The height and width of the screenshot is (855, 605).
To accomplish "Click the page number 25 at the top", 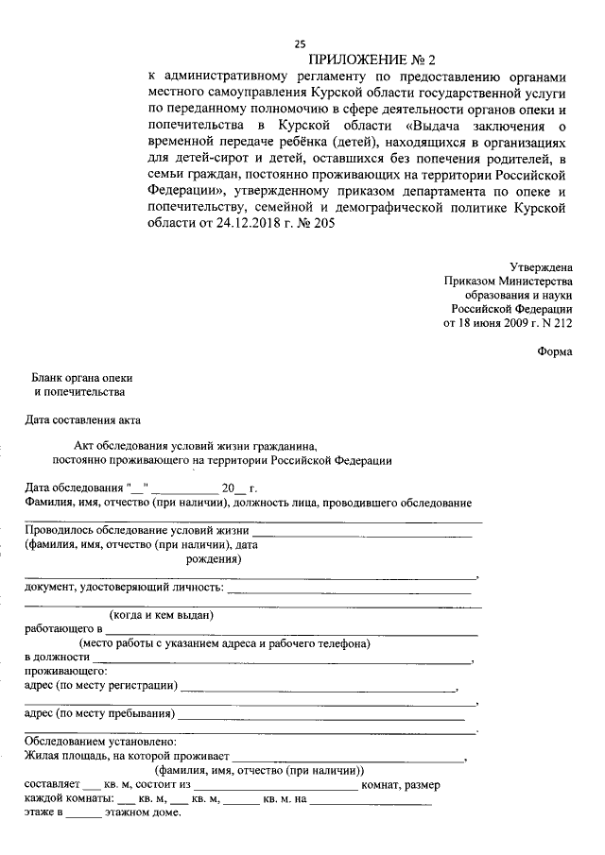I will pos(300,43).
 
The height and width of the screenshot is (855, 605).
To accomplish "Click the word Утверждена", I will pos(540,267).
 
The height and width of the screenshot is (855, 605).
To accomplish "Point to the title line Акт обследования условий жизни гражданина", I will pos(197,446).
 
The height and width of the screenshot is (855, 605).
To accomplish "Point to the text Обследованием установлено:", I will pos(95,743).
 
